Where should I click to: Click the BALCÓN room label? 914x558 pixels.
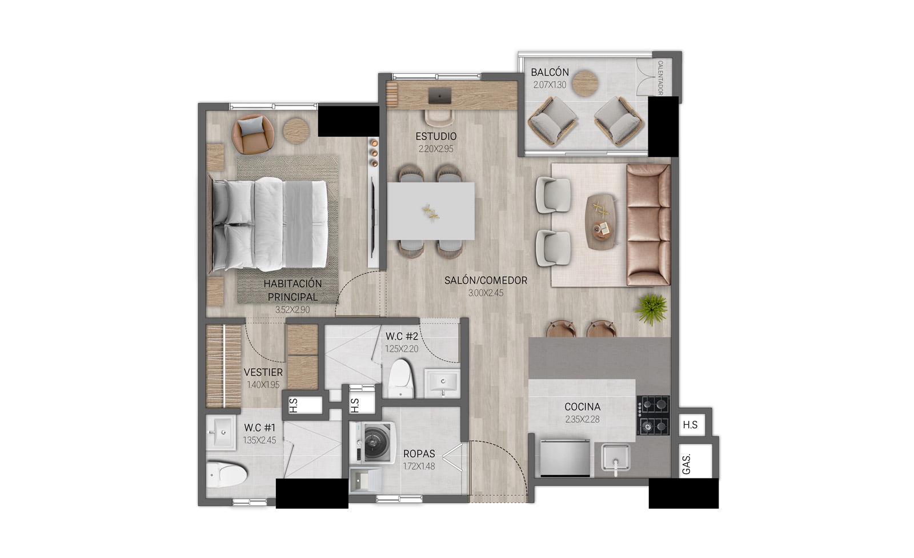coord(550,72)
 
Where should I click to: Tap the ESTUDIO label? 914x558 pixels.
coord(436,137)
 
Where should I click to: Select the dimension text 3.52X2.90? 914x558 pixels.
coord(292,310)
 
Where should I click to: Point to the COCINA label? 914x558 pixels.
coord(582,407)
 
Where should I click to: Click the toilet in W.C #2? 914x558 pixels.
coord(400,378)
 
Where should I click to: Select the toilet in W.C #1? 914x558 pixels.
coord(227,475)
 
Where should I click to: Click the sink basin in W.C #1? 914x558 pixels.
coord(221,432)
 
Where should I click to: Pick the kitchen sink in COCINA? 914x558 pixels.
coord(615,459)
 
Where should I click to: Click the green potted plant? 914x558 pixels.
coord(651,309)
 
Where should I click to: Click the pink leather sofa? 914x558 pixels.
coord(648,225)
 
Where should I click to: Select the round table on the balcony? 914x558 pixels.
coord(585,83)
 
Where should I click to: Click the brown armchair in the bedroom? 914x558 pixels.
coord(252,134)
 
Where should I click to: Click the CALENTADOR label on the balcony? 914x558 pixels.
coord(660,78)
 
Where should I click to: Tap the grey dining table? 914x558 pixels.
coord(431,211)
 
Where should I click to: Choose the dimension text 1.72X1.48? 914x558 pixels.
coord(419,466)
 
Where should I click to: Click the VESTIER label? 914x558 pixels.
coord(263,372)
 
